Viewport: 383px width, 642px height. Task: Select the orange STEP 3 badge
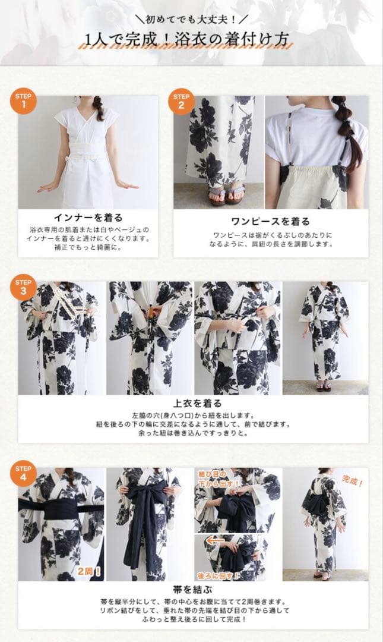point(23,287)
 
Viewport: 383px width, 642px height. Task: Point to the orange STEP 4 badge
point(23,474)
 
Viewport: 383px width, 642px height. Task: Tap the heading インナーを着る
point(88,218)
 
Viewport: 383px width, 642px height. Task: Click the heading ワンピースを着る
point(270,221)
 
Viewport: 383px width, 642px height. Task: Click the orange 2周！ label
point(90,572)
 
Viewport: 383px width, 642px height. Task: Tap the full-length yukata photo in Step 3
point(324,337)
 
